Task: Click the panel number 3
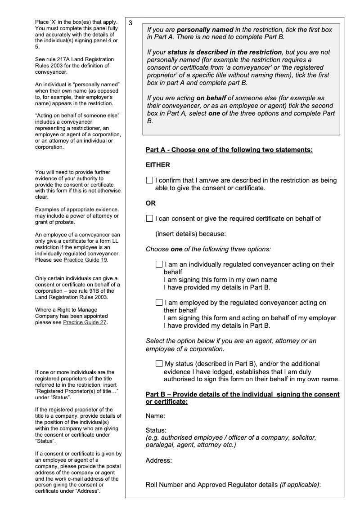pos(130,23)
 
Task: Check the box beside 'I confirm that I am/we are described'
pos(149,180)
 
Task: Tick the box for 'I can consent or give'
pos(149,219)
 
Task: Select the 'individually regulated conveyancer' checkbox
pos(159,264)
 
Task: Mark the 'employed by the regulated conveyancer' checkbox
pos(159,303)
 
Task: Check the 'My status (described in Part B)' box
pos(159,363)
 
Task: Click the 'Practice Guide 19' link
pos(85,260)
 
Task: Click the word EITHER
pos(158,165)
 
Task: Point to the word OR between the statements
pos(151,203)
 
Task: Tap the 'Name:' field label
pos(155,416)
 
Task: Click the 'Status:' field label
pos(156,430)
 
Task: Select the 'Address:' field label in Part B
pos(159,460)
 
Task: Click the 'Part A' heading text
pos(229,150)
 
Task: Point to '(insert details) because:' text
pos(190,234)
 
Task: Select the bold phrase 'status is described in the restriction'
pos(225,52)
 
